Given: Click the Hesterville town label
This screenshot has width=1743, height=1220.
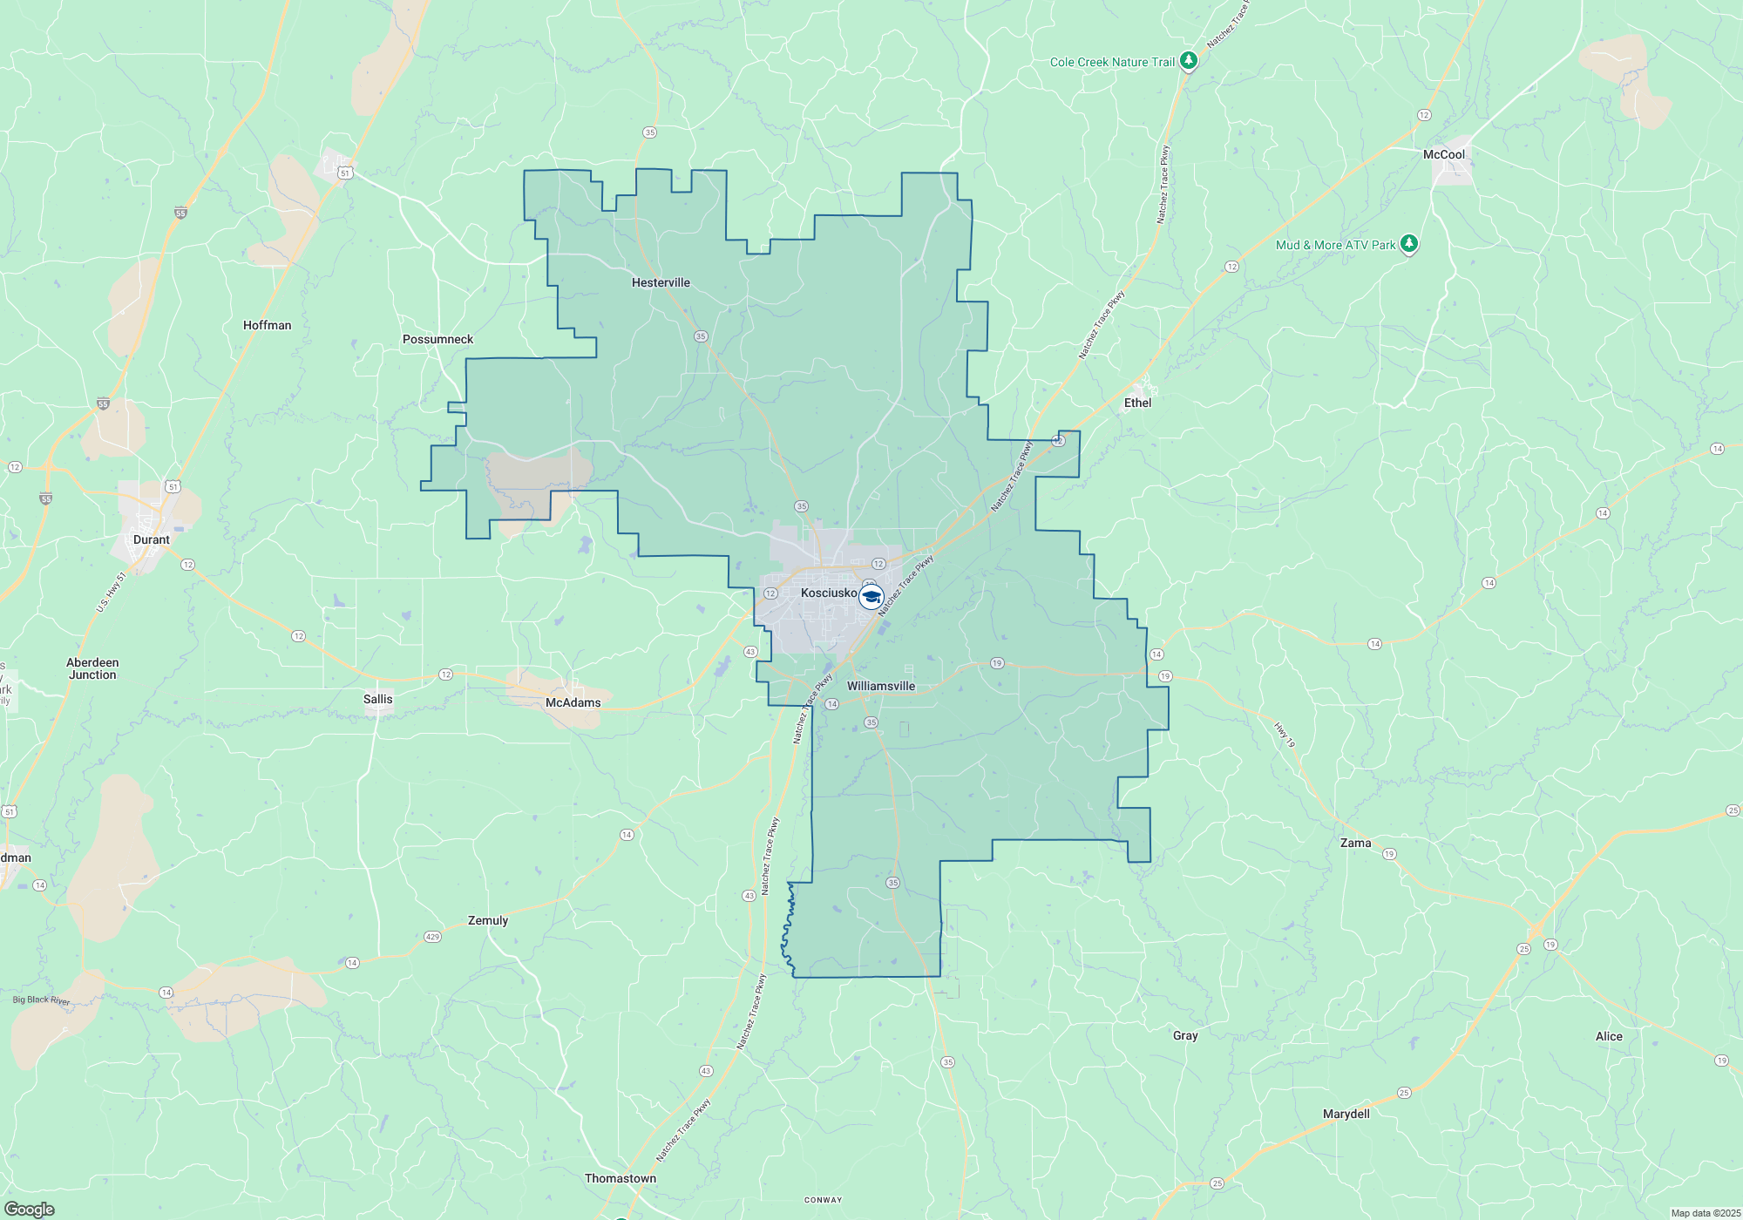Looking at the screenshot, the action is [x=661, y=282].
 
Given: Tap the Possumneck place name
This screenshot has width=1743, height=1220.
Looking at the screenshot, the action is [x=437, y=339].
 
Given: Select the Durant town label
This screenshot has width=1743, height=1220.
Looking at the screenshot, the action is [x=152, y=539].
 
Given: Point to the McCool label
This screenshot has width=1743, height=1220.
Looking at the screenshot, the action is [x=1443, y=154].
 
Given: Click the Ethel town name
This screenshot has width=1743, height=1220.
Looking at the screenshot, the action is [x=1137, y=403].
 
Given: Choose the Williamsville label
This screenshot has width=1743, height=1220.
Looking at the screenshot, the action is [x=881, y=686].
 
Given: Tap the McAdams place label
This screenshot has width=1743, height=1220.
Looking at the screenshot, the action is [x=573, y=702].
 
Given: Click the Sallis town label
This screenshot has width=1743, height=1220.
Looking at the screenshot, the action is [x=377, y=699].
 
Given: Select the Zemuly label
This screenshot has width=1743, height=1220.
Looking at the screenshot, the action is [x=488, y=920].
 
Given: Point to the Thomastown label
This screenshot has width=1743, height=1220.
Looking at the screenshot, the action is [x=621, y=1178].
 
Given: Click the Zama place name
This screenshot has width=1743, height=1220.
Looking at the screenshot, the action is [x=1355, y=843].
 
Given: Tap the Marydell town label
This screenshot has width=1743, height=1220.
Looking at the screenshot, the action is [x=1346, y=1114].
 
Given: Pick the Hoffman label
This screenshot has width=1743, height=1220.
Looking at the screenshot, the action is [x=267, y=325].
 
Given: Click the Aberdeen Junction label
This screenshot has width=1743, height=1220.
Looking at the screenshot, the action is [x=92, y=668].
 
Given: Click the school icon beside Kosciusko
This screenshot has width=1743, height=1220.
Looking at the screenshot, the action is [x=871, y=597].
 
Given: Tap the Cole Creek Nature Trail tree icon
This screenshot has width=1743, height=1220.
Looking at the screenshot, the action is [x=1188, y=61].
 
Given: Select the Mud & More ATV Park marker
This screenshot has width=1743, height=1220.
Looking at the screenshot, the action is [x=1408, y=244].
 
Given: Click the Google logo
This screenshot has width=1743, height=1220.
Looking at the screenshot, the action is [x=30, y=1210].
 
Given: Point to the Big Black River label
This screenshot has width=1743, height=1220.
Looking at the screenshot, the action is [x=41, y=1000].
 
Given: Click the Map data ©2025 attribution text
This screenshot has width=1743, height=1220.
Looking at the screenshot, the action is [x=1705, y=1213].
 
